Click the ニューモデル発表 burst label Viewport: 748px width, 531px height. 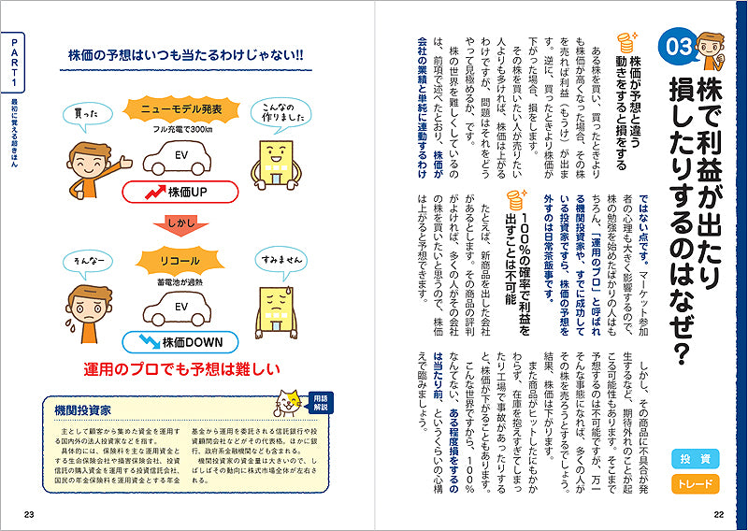tap(181, 109)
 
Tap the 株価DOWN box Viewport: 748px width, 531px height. tap(180, 342)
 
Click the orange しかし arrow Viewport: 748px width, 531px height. tap(180, 225)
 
